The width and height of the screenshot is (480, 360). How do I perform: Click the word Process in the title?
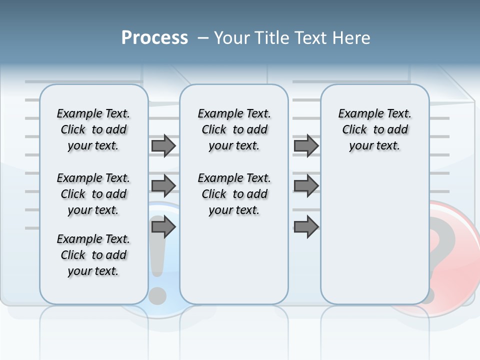154,38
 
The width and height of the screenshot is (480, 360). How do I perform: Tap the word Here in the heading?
351,38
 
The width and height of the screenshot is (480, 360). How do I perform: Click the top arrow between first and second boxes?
163,146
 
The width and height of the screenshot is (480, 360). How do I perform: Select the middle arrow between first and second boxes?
163,186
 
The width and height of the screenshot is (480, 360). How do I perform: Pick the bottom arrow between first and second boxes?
163,227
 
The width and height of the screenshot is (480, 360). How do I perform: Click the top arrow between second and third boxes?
306,146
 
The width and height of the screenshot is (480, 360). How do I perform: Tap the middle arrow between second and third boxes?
306,186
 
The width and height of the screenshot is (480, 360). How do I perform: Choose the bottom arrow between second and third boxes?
306,227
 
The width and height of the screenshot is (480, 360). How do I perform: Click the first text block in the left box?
93,129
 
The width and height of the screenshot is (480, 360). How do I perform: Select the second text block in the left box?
93,194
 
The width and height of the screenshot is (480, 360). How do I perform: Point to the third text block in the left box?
93,255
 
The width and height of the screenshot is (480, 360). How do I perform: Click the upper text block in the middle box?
234,129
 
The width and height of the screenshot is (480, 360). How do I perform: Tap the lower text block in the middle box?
234,194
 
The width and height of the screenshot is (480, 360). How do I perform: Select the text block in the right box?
374,129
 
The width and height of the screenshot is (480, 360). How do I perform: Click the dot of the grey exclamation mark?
158,295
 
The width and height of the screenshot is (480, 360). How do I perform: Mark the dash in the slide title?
203,38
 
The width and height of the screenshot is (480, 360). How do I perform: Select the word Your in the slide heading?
232,38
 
